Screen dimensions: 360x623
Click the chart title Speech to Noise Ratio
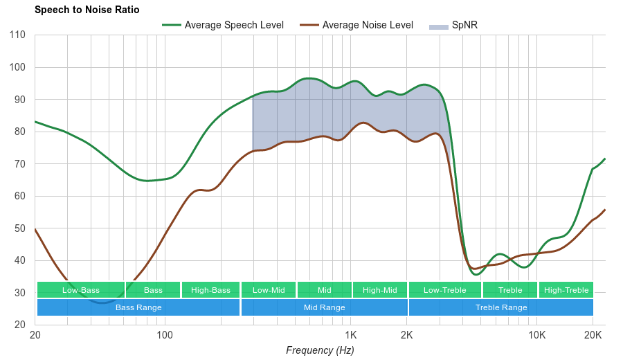click(87, 10)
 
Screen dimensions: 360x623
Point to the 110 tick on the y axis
click(19, 35)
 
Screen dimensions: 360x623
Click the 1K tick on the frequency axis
click(349, 336)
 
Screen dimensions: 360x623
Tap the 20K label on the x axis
click(593, 336)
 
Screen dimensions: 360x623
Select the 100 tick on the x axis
click(165, 336)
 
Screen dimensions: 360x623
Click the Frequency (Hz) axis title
click(320, 350)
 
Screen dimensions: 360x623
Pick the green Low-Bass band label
click(80, 290)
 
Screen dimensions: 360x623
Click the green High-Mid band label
click(379, 290)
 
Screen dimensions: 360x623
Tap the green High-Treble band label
click(566, 290)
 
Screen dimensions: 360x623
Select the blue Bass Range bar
click(138, 307)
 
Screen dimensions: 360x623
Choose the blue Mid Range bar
click(324, 307)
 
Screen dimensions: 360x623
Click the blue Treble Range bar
click(501, 307)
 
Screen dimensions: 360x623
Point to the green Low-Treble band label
click(444, 290)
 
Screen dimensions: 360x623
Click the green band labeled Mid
click(324, 290)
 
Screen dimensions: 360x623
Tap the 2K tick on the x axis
click(406, 336)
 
